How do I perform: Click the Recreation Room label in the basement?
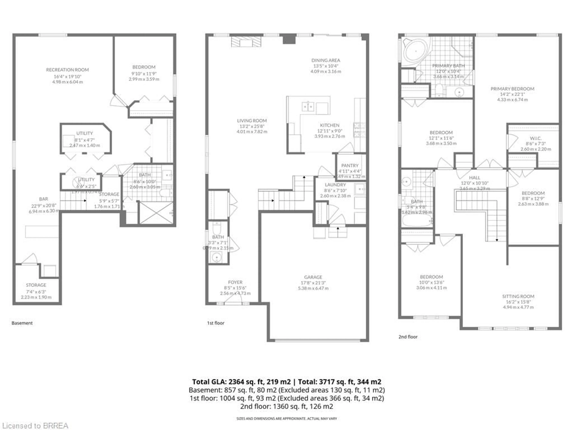[67, 70]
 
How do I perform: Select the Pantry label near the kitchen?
[350, 165]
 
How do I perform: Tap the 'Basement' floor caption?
[22, 323]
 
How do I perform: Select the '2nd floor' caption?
[408, 337]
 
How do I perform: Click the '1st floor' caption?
[215, 323]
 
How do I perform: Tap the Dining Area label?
[326, 60]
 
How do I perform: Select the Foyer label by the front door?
[235, 282]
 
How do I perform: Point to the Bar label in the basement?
[44, 199]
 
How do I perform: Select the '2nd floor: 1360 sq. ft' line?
[286, 406]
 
